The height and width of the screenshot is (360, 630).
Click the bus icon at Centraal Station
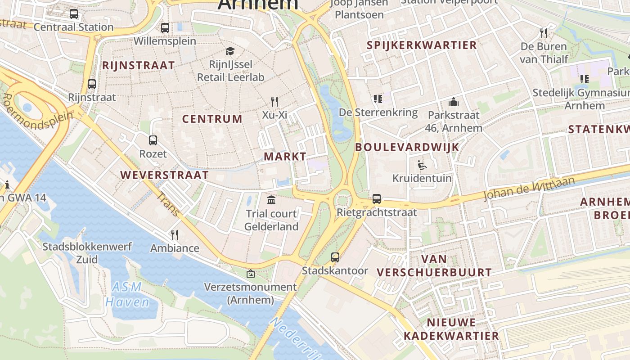74,14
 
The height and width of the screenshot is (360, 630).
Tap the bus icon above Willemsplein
165,28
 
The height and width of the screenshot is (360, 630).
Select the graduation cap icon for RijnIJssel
230,51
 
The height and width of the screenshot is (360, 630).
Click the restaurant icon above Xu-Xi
274,101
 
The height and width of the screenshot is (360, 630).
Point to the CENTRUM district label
212,119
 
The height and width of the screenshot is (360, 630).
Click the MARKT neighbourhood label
285,157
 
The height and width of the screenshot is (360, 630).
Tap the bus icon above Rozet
153,140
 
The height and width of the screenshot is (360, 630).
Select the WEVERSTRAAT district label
165,175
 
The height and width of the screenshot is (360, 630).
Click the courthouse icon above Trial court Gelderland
271,200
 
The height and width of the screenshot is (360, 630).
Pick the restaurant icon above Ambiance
175,234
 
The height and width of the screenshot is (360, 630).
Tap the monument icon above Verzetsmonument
250,273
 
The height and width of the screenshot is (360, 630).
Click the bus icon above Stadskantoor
335,257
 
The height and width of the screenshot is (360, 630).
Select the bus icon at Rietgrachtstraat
377,198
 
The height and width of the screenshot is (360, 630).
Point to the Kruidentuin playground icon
422,165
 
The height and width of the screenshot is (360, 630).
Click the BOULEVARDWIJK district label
407,147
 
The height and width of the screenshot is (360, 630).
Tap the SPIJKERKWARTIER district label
422,45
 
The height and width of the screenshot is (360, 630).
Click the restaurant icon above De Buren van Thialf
544,33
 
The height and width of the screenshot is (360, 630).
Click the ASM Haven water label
127,294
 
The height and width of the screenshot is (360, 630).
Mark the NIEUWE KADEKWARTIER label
451,329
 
